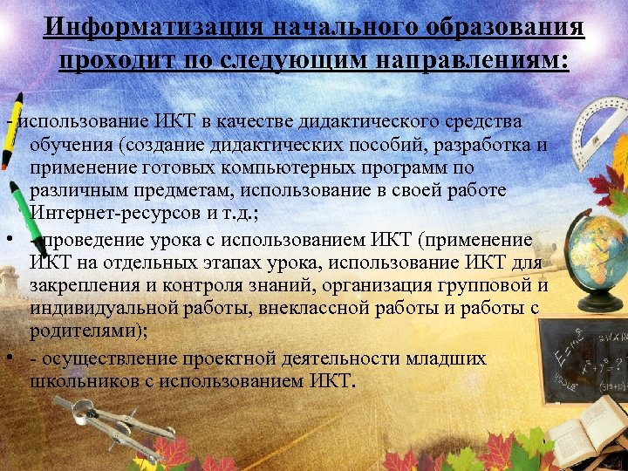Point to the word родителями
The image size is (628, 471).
(x=77, y=333)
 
